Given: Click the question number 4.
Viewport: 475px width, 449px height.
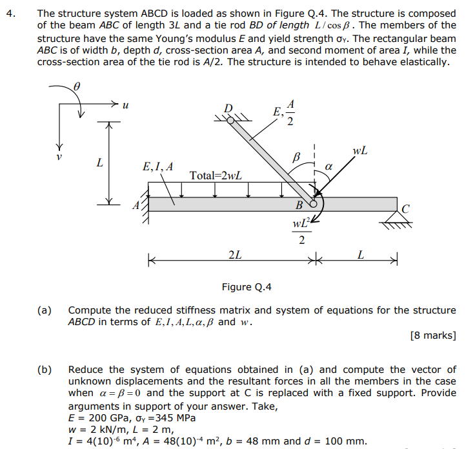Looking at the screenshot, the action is pos(8,14).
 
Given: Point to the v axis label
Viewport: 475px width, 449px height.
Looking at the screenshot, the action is pos(59,157).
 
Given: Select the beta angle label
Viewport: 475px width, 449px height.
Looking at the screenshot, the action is pos(297,157).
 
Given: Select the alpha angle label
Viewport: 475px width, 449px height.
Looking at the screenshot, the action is pos(328,166).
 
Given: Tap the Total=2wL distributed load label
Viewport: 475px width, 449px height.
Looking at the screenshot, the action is pos(216,175).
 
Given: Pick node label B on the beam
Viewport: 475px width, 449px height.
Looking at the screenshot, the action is pos(299,206).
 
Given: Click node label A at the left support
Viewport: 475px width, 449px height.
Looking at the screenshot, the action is pos(135,206).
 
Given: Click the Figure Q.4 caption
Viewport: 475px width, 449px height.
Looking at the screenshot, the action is pos(247,287).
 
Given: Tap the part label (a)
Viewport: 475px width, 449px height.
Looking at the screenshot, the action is pos(45,310).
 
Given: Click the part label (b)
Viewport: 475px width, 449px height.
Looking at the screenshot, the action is pos(45,370).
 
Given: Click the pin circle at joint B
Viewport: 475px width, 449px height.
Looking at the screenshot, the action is pos(314,204).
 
